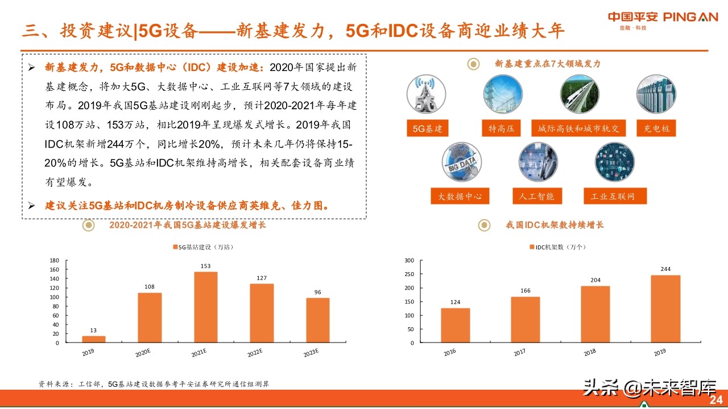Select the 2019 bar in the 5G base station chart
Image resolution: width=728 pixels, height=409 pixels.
click(x=93, y=339)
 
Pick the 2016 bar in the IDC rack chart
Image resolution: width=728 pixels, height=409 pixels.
click(x=455, y=325)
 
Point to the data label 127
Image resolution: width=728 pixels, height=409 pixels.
click(x=262, y=278)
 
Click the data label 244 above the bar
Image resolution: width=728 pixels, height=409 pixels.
click(x=665, y=269)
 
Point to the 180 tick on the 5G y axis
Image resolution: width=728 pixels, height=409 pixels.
click(x=55, y=260)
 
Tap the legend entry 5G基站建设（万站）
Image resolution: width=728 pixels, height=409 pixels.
click(x=205, y=247)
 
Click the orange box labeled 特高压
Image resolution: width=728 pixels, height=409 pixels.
click(x=501, y=129)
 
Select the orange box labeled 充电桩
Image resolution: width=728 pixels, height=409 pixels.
click(x=657, y=129)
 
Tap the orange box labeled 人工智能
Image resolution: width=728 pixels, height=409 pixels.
click(x=537, y=197)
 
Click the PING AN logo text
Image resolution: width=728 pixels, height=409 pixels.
click(x=690, y=17)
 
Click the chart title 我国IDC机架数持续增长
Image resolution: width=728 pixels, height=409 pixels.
click(x=555, y=225)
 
